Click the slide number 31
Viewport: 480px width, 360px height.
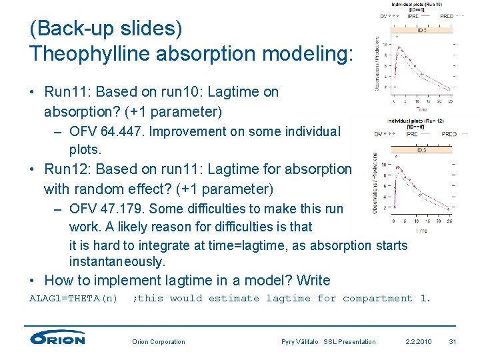[452, 342]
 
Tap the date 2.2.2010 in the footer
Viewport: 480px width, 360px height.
[418, 342]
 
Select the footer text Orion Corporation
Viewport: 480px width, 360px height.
[159, 342]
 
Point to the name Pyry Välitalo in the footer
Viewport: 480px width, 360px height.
[301, 342]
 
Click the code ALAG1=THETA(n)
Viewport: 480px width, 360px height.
[73, 299]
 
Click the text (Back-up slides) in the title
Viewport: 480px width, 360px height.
[105, 29]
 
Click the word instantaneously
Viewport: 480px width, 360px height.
[117, 262]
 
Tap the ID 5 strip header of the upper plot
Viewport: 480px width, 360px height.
[423, 30]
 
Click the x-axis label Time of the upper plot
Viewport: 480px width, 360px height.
[422, 109]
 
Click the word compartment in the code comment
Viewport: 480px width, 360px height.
[377, 299]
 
